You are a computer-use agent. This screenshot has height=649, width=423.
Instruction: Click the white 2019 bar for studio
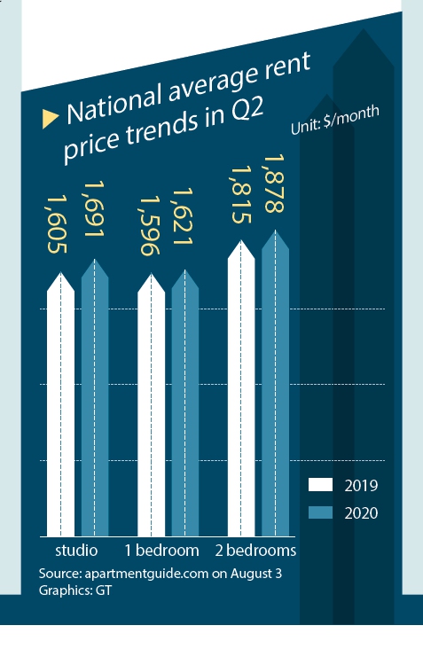coord(60,408)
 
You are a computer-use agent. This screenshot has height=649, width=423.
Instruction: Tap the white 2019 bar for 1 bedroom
coord(151,408)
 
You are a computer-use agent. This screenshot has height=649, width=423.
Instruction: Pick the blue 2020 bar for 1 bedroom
coord(184,403)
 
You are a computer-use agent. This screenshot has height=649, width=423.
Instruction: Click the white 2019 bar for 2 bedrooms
coord(241,390)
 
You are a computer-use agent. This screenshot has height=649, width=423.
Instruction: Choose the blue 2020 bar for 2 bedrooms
coord(275,386)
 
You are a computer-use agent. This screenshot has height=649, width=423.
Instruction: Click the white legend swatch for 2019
coord(320,485)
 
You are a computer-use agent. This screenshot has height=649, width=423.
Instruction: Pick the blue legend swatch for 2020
coord(320,512)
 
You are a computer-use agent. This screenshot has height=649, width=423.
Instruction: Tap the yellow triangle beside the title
coord(51,117)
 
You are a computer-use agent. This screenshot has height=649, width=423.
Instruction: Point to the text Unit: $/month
coord(335,121)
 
